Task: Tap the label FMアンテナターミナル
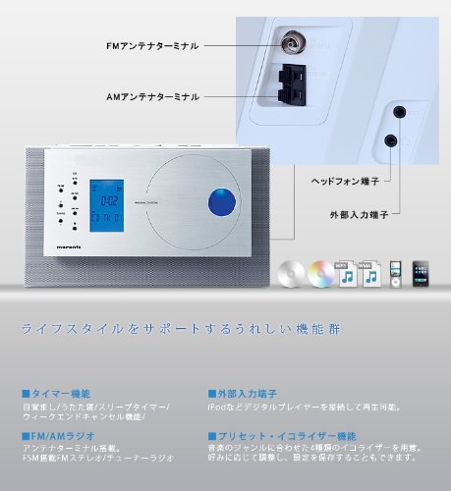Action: (152, 45)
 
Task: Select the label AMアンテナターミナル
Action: (152, 96)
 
